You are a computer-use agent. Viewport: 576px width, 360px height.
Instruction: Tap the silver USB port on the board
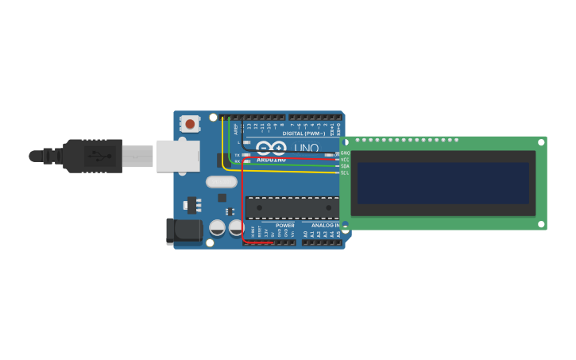point(178,156)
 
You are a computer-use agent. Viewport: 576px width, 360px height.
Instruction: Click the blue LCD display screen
point(443,184)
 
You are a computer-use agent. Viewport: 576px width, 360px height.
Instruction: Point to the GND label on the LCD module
point(345,153)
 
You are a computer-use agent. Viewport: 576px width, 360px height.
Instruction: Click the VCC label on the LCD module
point(345,160)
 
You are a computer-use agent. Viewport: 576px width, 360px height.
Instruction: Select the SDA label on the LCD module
point(345,166)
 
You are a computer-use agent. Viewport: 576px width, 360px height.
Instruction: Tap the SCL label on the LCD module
point(345,172)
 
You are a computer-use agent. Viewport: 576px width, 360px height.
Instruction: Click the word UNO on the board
point(306,149)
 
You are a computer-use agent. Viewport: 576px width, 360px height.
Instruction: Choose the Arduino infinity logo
point(271,148)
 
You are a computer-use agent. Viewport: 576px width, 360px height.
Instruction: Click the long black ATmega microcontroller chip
point(292,208)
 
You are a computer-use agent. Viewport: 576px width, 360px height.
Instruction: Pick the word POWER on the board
point(285,226)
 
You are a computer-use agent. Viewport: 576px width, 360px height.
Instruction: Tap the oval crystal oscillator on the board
point(222,182)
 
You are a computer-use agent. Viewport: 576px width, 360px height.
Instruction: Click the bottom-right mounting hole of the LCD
point(541,224)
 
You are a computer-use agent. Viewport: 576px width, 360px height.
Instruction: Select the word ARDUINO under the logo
point(271,160)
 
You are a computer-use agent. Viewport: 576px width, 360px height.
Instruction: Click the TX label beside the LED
point(237,155)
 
